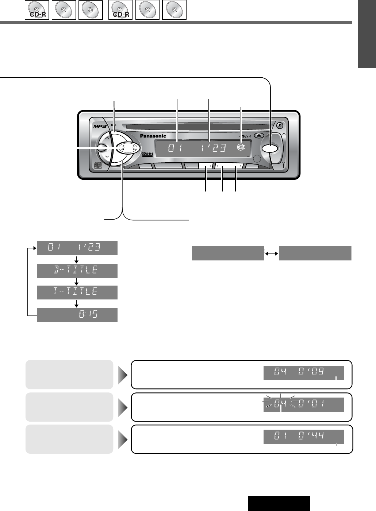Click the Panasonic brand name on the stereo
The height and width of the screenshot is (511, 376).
153,136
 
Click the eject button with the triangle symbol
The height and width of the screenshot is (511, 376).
258,135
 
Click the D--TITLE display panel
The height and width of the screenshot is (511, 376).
77,271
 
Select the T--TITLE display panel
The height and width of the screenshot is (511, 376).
77,292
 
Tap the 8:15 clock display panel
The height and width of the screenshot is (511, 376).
77,314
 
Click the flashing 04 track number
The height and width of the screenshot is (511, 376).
280,404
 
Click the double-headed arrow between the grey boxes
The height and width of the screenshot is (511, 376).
272,253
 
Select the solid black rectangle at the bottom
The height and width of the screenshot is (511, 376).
279,503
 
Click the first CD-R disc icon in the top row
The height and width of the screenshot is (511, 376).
37,10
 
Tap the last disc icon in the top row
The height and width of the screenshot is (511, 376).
174,10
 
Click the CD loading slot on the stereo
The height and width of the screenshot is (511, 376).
197,127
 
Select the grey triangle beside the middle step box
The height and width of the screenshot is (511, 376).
123,407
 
